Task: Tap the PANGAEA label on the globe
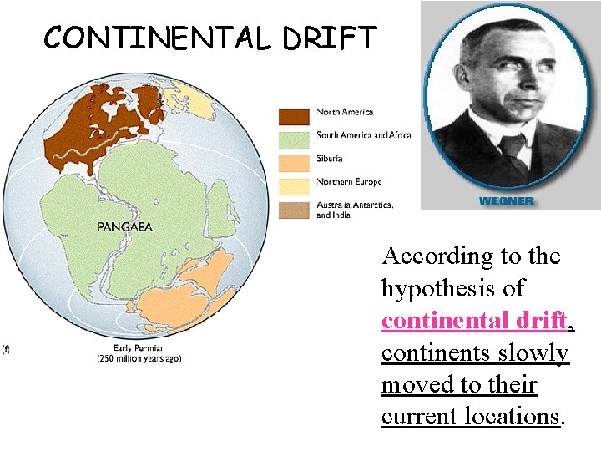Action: pyautogui.click(x=125, y=226)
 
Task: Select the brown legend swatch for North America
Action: pyautogui.click(x=294, y=115)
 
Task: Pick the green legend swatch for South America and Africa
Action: pyautogui.click(x=294, y=139)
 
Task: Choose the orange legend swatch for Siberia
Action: pyautogui.click(x=294, y=162)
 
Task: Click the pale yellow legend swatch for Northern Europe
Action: pyautogui.click(x=294, y=185)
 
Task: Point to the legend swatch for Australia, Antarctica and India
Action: pyautogui.click(x=294, y=210)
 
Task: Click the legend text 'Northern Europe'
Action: pyautogui.click(x=349, y=182)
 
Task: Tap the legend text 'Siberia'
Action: pyautogui.click(x=330, y=159)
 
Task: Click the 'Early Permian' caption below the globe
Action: pyautogui.click(x=139, y=347)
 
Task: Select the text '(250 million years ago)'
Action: pyautogui.click(x=139, y=358)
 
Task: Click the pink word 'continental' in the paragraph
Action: pyautogui.click(x=442, y=321)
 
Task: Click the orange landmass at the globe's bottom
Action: pyautogui.click(x=184, y=292)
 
